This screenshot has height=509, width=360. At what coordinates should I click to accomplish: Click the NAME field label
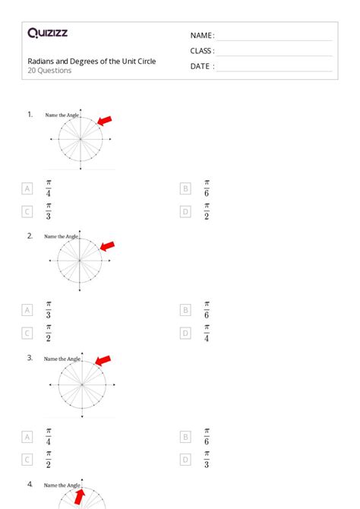[202, 36]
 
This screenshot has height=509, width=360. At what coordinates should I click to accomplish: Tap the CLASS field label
[202, 51]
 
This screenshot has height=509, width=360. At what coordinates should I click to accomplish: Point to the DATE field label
[202, 66]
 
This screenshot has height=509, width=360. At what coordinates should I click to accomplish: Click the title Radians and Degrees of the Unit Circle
[92, 61]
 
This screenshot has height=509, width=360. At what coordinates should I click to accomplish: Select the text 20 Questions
[49, 71]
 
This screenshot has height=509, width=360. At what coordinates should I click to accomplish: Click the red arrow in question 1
[105, 120]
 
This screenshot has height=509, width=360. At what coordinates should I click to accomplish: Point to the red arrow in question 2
[107, 245]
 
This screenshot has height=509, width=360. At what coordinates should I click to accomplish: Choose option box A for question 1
[27, 188]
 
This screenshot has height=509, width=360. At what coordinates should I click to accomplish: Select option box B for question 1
[185, 188]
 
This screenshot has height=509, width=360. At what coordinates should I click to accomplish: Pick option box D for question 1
[185, 212]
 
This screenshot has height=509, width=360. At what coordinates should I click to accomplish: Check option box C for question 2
[27, 333]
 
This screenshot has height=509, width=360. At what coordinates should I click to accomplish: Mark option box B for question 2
[185, 310]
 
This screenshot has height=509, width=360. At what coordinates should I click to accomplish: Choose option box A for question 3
[27, 437]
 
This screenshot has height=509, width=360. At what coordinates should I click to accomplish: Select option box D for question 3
[185, 460]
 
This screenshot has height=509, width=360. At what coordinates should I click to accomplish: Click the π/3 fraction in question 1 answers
[49, 211]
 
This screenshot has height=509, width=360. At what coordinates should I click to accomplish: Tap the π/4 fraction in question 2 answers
[207, 333]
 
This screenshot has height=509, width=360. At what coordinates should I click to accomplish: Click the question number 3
[30, 357]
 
